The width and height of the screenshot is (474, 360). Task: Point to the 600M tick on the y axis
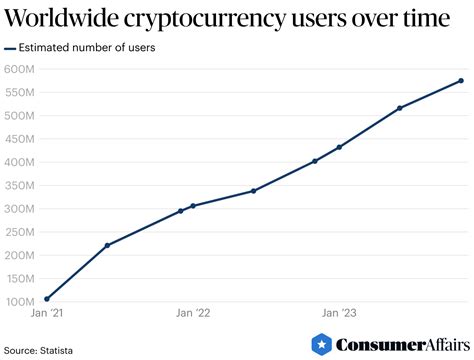[20, 69]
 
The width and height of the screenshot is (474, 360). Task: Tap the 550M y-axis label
[20, 92]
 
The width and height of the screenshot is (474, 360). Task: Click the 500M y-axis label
[20, 115]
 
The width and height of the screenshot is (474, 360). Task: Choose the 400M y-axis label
[20, 162]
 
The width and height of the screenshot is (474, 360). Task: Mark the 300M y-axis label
[20, 208]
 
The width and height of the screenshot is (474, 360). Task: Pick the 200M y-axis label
[20, 255]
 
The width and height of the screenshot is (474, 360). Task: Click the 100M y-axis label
[20, 301]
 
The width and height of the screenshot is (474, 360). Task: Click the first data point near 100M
[47, 298]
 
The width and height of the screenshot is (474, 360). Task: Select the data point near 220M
[107, 245]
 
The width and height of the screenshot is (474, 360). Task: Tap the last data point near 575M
[461, 81]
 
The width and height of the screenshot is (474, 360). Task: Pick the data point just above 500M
[400, 108]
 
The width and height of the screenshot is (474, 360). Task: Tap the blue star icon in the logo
[322, 345]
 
